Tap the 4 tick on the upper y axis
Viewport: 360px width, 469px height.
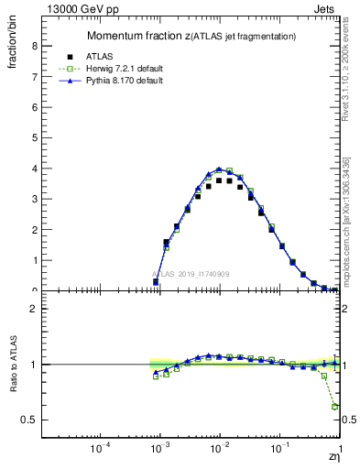pos(34,169)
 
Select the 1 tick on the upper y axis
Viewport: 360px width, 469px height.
pos(34,260)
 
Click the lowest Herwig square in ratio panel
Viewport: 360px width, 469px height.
pos(335,406)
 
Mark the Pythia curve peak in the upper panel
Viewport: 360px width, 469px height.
pos(219,169)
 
